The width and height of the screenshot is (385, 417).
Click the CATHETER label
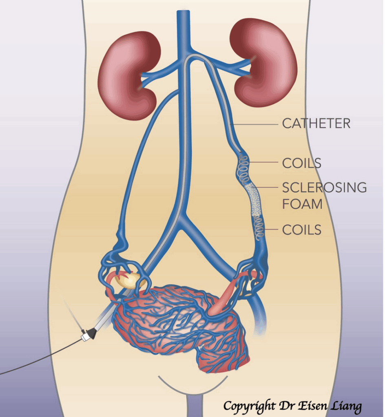click(x=316, y=123)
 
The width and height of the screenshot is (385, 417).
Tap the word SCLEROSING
click(x=324, y=187)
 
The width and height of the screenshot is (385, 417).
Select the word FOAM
click(x=302, y=204)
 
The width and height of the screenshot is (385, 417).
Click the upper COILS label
click(x=301, y=163)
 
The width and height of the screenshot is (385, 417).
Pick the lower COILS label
click(x=301, y=230)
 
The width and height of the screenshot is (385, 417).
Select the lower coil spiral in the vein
click(x=259, y=228)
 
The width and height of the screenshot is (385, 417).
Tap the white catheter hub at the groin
click(x=85, y=337)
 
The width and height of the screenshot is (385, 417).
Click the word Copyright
click(x=248, y=406)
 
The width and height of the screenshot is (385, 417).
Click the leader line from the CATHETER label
click(x=255, y=123)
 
